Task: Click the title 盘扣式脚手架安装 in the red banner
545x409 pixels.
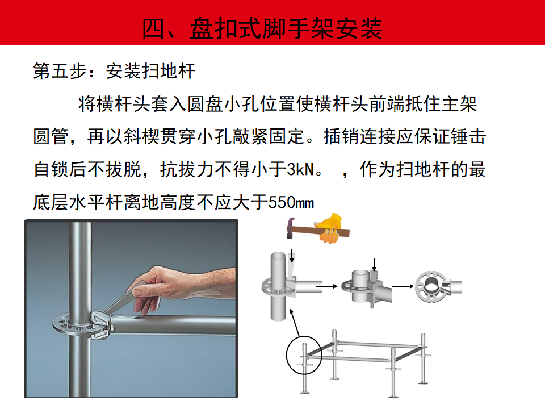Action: (286, 28)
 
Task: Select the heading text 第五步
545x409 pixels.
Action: (60, 71)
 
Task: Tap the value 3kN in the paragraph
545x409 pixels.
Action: (300, 170)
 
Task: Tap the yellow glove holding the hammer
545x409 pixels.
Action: (330, 228)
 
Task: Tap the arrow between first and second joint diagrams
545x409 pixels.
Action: (326, 286)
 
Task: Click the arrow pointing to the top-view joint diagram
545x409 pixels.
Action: (403, 286)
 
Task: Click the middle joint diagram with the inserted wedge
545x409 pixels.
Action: (366, 287)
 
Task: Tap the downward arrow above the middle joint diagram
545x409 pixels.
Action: (374, 264)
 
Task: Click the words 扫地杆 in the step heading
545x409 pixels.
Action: (169, 71)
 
